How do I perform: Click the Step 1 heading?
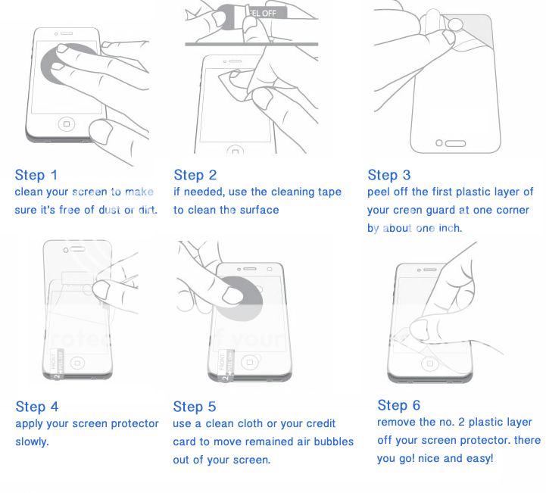tap(36, 175)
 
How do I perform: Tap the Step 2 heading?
tap(195, 175)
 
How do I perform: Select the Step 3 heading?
tap(389, 175)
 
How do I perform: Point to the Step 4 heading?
tap(37, 407)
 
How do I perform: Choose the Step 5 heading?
tap(195, 407)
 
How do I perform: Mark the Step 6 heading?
tap(398, 405)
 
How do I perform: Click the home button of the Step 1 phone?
tap(67, 124)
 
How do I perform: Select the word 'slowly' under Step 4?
tap(31, 442)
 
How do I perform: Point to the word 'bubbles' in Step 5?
tap(334, 442)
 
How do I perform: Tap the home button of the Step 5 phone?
tap(249, 363)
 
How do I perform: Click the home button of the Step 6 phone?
tap(429, 364)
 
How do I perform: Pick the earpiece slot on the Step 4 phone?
tap(77, 249)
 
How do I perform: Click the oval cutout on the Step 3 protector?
tap(455, 143)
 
